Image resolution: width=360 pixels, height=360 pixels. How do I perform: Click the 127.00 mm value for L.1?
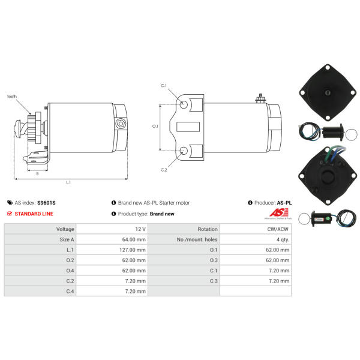coord(133,250)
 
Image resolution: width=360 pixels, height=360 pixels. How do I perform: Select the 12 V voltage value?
coord(140,229)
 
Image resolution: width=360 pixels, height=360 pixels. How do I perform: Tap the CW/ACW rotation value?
coord(278,229)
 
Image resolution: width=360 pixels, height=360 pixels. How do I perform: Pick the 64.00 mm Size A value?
coord(134,239)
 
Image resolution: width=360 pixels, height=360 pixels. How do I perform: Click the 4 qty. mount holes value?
coord(283,239)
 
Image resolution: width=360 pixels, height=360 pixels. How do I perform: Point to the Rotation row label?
coord(208,229)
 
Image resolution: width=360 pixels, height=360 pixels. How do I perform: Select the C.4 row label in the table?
coord(70,292)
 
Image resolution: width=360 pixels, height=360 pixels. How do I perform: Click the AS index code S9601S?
coord(46,203)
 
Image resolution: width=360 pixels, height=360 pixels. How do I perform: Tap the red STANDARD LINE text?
coord(34,214)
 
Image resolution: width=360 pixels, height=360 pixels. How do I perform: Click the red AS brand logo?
coord(279,212)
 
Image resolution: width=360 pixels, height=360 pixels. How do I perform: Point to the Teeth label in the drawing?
coord(12,97)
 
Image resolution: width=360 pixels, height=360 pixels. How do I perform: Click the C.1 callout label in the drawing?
coord(163,86)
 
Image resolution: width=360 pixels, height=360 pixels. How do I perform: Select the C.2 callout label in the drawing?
coord(164,170)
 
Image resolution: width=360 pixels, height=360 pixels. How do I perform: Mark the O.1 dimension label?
coord(155,126)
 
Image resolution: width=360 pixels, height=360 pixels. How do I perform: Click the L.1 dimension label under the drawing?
coord(68,182)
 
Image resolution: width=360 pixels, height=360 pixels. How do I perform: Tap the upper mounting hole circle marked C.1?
coord(184,104)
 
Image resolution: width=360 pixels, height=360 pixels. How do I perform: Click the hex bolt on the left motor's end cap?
coord(121,124)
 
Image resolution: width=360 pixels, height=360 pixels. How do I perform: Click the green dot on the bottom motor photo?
coord(328,218)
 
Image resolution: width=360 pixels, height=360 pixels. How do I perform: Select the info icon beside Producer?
coord(250,203)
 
